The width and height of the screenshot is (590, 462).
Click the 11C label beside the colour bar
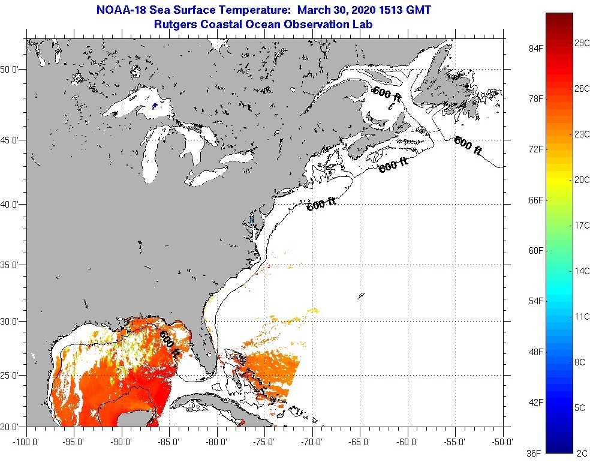(x=582, y=316)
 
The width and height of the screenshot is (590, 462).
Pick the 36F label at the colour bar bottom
(x=532, y=453)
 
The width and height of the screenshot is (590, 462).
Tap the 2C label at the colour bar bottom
(x=582, y=453)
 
